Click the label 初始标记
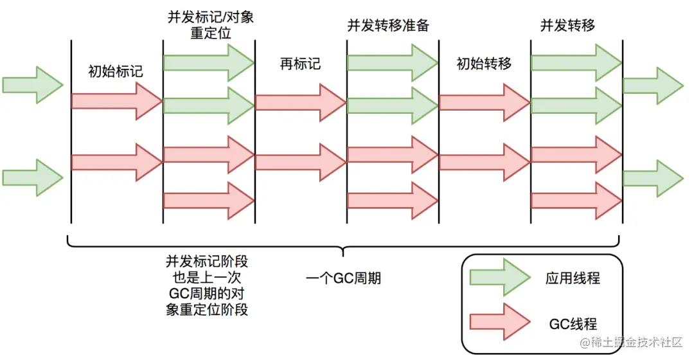[x=116, y=71]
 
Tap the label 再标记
[x=300, y=64]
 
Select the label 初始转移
[x=484, y=64]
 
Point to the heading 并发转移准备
[x=388, y=26]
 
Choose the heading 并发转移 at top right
[x=567, y=26]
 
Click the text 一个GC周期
[x=344, y=278]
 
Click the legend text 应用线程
[x=573, y=278]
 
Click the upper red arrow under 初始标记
[x=116, y=101]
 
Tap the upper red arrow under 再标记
[x=300, y=101]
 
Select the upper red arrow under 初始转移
[x=485, y=101]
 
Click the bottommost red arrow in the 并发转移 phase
[x=576, y=200]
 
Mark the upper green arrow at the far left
[x=33, y=84]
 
